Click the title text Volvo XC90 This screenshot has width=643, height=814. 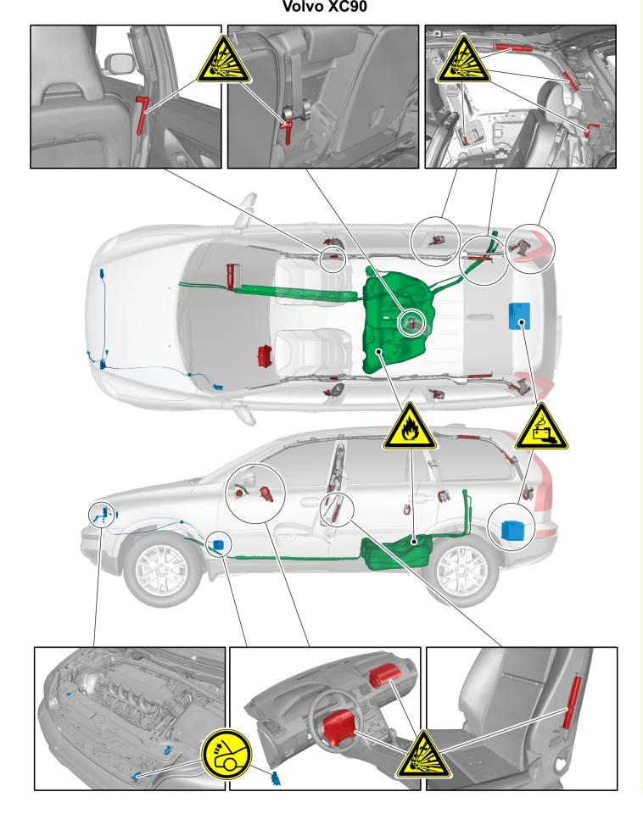325,7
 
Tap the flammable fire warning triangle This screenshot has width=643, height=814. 410,428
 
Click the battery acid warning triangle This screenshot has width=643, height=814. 541,427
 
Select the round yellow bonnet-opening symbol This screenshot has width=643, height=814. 226,754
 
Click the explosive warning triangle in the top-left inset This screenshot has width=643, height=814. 224,62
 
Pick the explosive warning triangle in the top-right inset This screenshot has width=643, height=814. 463,62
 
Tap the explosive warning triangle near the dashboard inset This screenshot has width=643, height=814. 424,756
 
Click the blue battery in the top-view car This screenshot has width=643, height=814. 519,315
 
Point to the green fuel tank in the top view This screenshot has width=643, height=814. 396,322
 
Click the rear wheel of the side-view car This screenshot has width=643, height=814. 460,569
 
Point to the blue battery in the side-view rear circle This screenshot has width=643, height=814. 512,530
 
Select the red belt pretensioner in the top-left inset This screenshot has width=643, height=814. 142,114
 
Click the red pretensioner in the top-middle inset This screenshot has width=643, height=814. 288,130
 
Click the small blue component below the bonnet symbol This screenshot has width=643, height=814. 276,778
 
